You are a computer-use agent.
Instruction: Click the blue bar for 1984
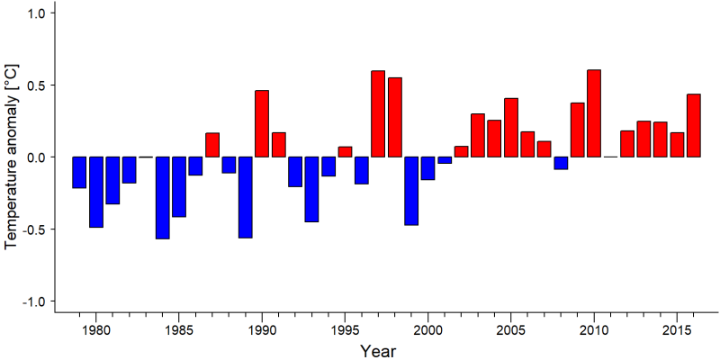(x=163, y=198)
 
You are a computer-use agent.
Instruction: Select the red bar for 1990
(x=262, y=123)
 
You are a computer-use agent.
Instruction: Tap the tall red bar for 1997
(x=378, y=114)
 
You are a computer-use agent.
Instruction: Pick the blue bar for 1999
(x=411, y=191)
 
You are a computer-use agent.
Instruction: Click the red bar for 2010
(x=594, y=113)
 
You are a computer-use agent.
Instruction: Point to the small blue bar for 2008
(x=561, y=163)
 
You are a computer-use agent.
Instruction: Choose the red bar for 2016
(x=693, y=125)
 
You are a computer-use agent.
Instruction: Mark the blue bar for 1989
(x=245, y=197)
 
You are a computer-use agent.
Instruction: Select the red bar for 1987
(x=212, y=145)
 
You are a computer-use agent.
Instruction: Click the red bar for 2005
(x=511, y=128)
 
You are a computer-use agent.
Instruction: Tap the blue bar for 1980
(x=96, y=192)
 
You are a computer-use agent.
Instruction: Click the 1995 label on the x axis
(x=345, y=329)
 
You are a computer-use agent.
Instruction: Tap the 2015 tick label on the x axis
(x=677, y=329)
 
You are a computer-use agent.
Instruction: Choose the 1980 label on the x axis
(x=96, y=329)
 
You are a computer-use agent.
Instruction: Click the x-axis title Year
(x=377, y=351)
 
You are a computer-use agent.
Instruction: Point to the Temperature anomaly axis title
(x=12, y=157)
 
